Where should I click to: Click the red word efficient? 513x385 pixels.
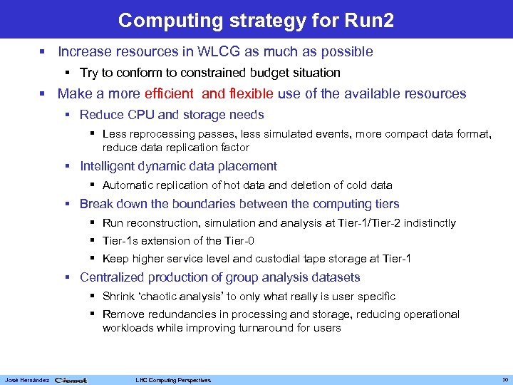pyautogui.click(x=168, y=94)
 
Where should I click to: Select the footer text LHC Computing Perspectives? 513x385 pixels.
pyautogui.click(x=173, y=380)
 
